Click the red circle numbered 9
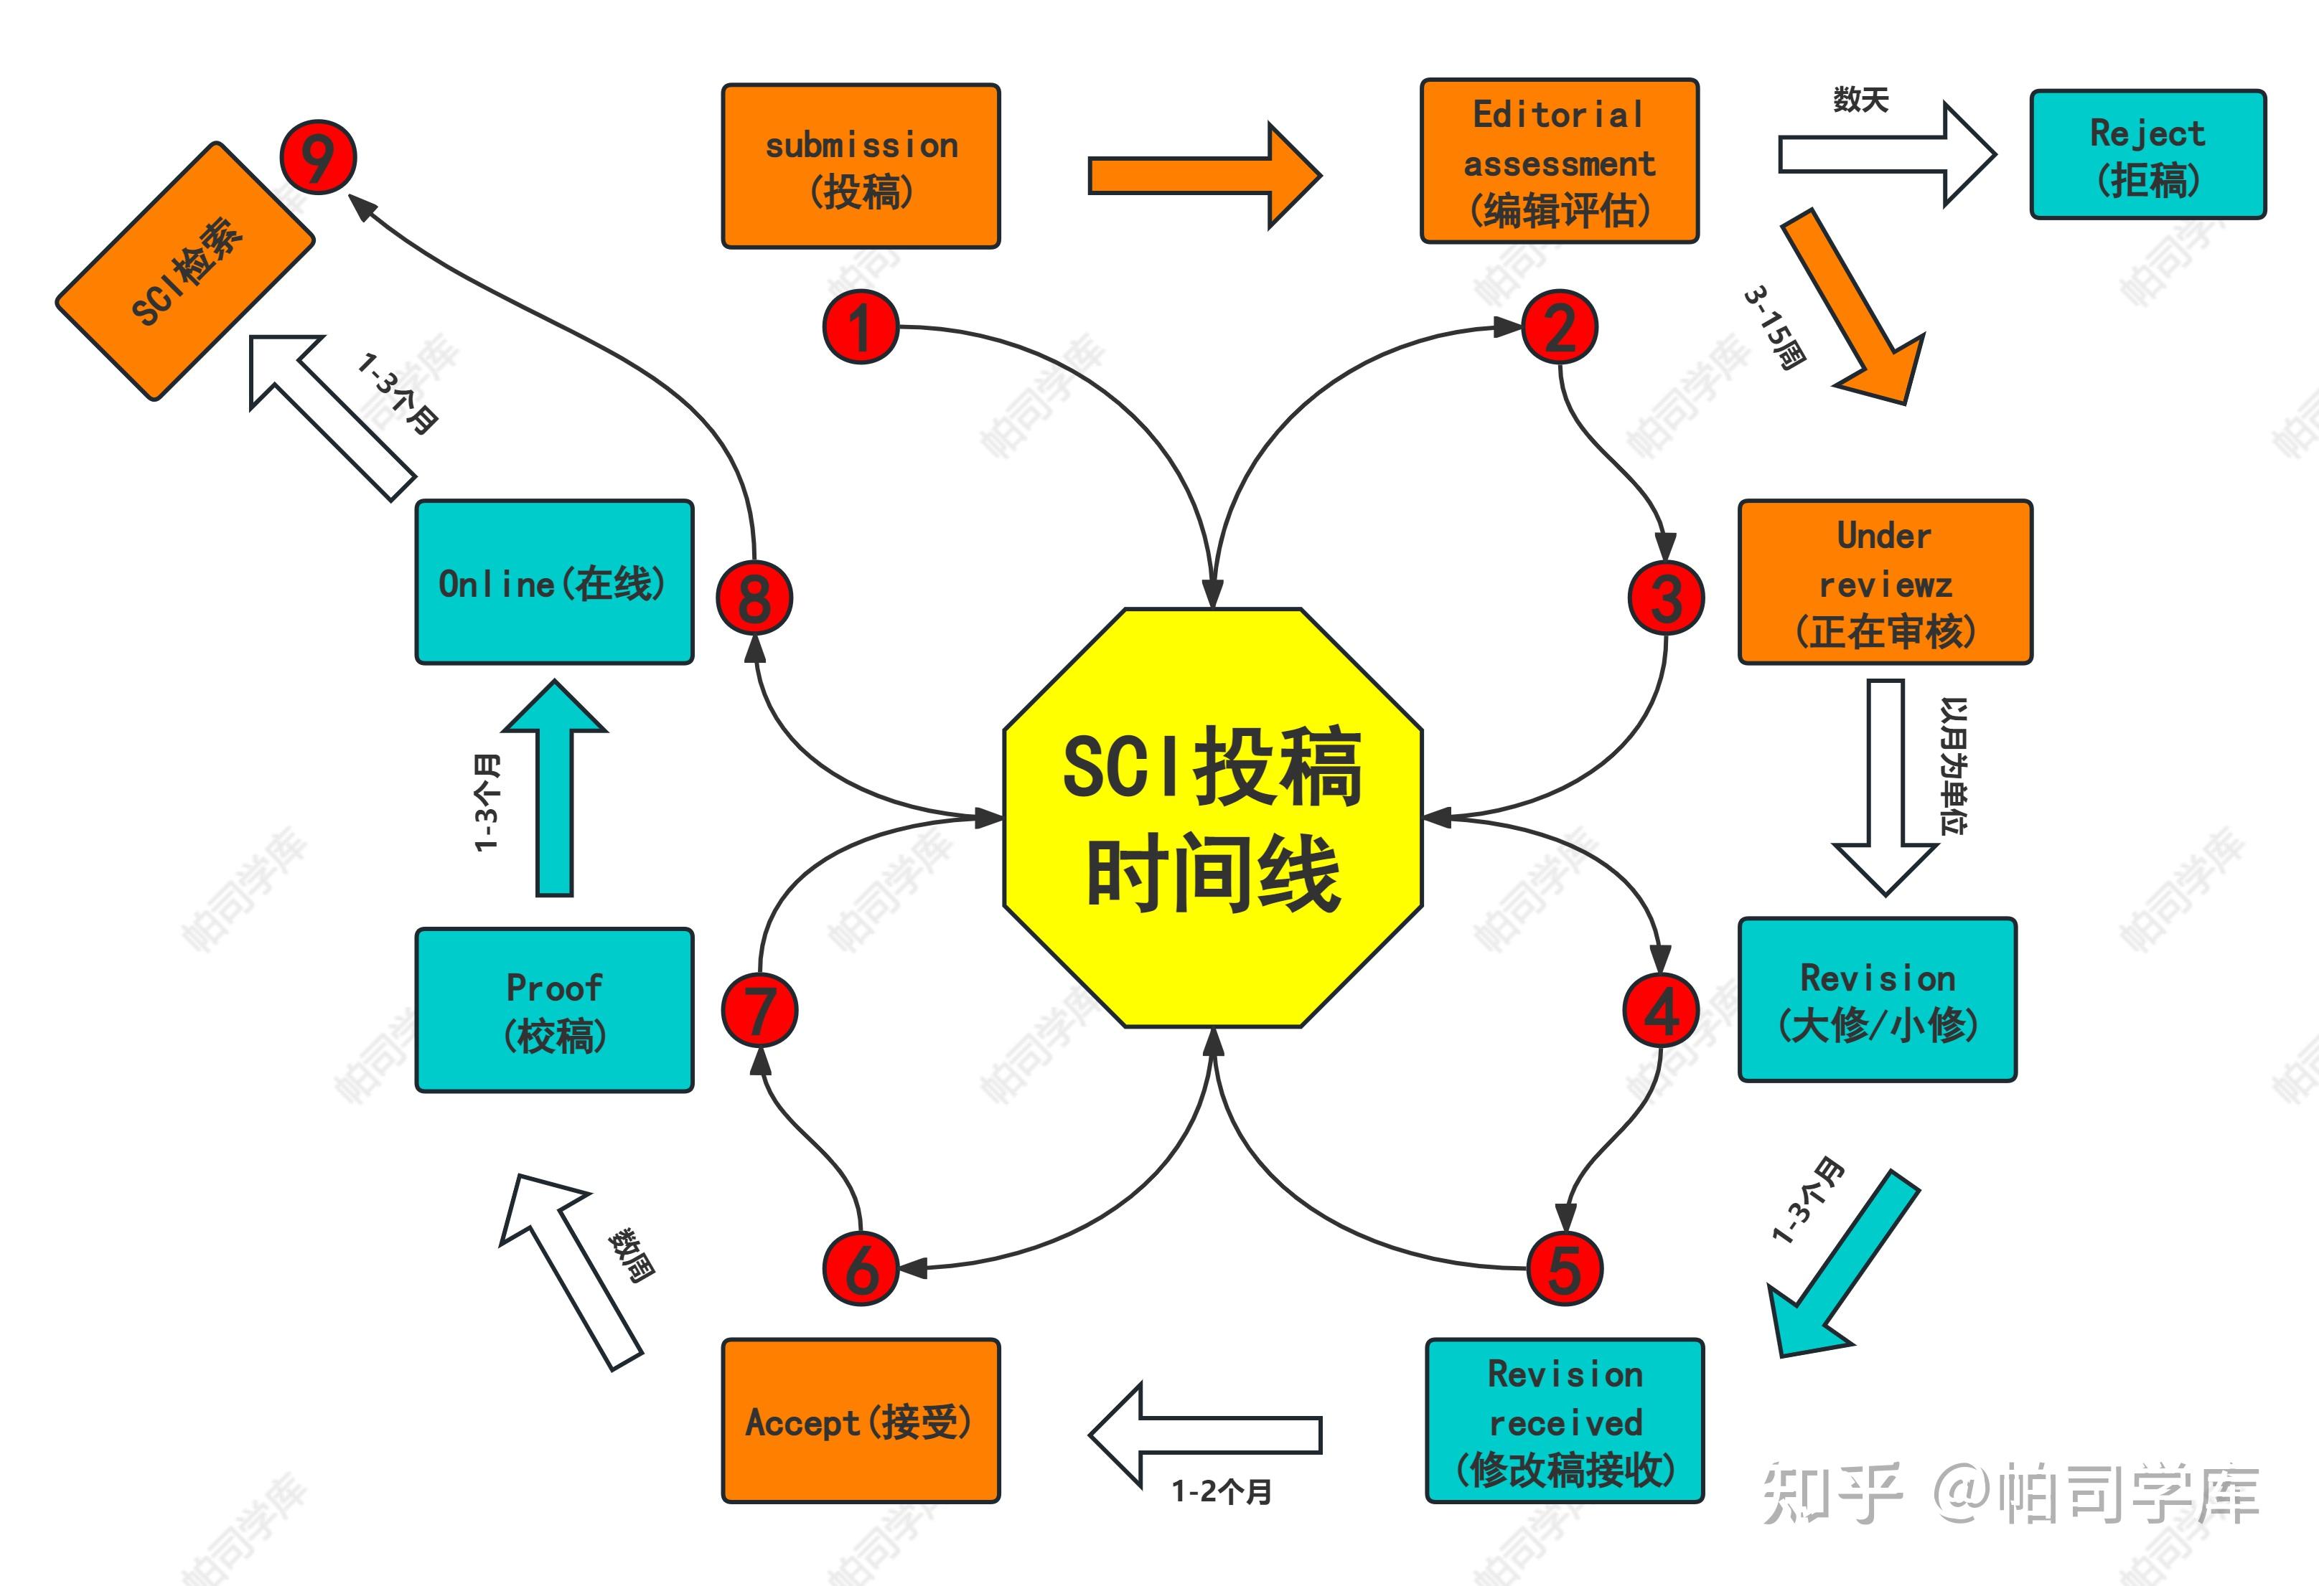coord(317,156)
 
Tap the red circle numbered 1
coord(860,327)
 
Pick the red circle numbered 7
coord(759,1011)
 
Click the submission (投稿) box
coord(860,166)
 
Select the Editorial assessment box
coord(1559,161)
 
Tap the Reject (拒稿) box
coord(2147,155)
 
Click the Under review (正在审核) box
coord(1884,582)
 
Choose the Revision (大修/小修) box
coord(1877,999)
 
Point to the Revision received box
coord(1565,1420)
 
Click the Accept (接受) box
coord(860,1420)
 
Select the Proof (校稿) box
coord(554,1011)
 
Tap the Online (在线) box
coord(554,582)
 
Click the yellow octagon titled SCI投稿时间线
coord(1212,818)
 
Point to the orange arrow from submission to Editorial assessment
coord(1204,176)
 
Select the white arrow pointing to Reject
coord(1886,155)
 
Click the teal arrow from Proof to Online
coord(555,788)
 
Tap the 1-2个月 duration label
coord(1222,1492)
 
